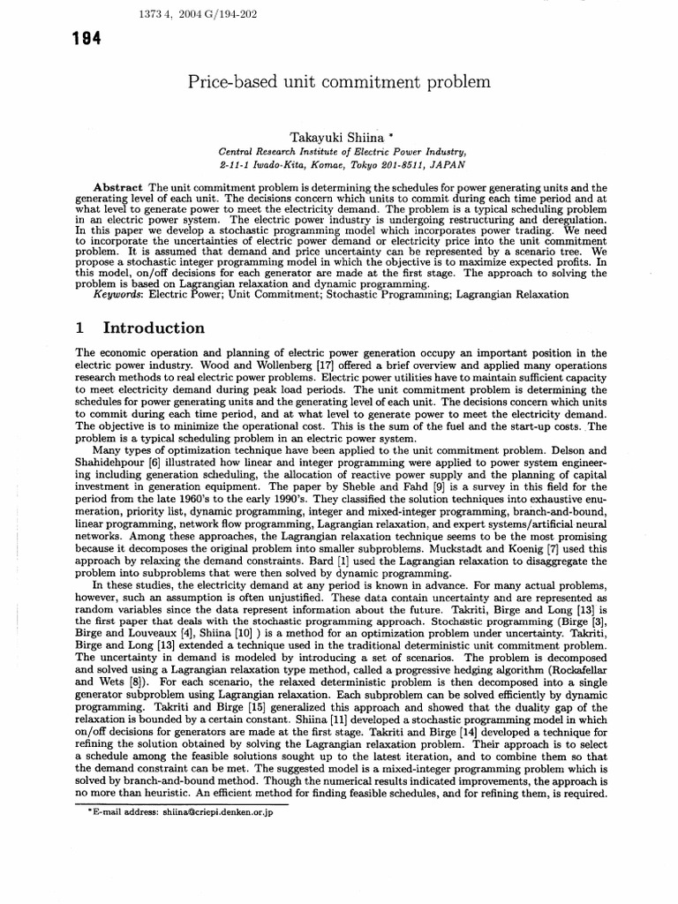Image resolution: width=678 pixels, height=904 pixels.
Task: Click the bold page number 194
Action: coord(88,39)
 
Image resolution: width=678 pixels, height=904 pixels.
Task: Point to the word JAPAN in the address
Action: coord(448,164)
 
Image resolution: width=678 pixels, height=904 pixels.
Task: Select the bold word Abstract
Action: coord(120,188)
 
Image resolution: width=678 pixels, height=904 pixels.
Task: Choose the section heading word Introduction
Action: coord(154,328)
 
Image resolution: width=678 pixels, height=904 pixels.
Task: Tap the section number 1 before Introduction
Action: coord(79,328)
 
